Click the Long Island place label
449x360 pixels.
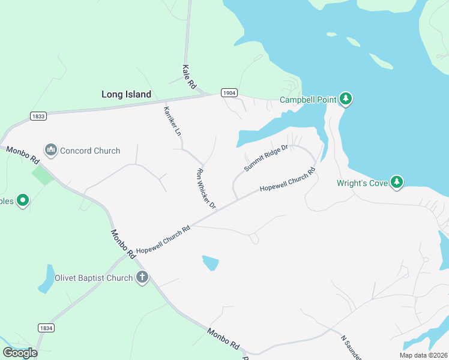126,94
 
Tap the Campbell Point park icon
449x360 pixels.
345,98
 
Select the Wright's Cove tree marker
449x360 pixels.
396,182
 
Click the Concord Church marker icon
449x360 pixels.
51,149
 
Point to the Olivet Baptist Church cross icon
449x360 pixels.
142,277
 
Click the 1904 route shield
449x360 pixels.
229,93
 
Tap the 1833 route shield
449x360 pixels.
38,116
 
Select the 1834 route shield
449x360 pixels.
46,328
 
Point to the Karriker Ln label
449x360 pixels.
172,120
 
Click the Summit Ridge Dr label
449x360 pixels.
266,157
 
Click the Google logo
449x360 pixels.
20,352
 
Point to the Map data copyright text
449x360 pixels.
424,355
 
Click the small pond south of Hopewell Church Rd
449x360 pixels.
210,262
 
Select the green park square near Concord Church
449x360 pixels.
42,175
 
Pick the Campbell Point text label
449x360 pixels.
308,100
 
